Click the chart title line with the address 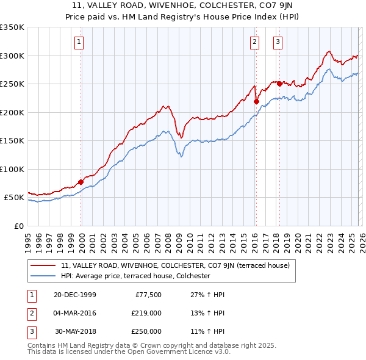[182, 5]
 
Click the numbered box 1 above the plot [80, 42]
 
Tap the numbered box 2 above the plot [254, 42]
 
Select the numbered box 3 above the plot [278, 42]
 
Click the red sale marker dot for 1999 [81, 181]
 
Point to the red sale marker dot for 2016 [256, 101]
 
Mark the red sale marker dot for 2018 [280, 84]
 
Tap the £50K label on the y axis [14, 198]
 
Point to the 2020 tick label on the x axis [297, 239]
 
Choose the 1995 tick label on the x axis [28, 239]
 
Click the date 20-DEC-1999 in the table [74, 295]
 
